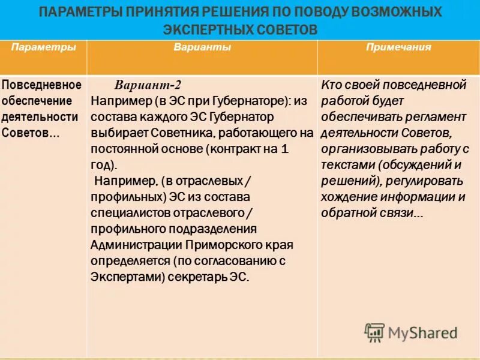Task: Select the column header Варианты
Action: (202, 47)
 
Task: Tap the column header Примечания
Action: (398, 47)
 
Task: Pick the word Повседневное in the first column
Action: (41, 84)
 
